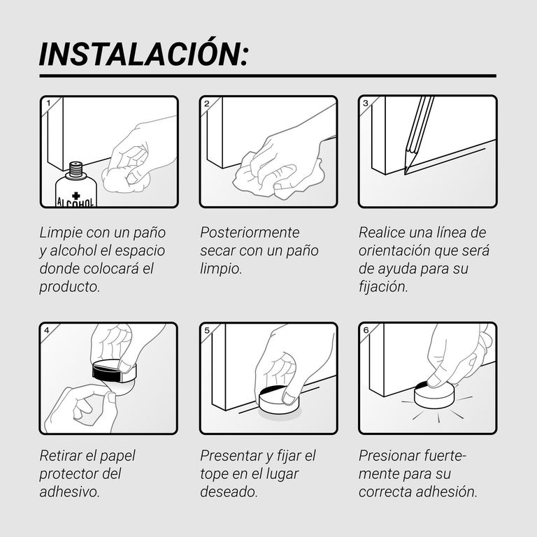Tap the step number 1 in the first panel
(48, 103)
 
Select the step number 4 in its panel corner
(47, 330)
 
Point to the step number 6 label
(366, 330)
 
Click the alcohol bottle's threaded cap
(76, 169)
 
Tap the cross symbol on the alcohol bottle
(76, 196)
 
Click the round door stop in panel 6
(435, 395)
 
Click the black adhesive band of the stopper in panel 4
(106, 372)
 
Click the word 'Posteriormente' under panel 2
(250, 233)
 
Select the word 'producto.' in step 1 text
(69, 287)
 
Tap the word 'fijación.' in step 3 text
(383, 287)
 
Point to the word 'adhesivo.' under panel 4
(69, 492)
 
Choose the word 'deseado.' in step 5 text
(229, 492)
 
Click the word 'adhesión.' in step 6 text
(447, 492)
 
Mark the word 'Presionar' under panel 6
(389, 456)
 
